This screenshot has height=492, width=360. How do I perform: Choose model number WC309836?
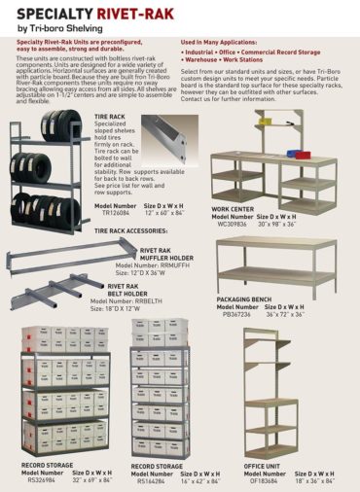click(x=234, y=223)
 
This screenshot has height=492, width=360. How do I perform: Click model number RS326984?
click(x=41, y=479)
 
